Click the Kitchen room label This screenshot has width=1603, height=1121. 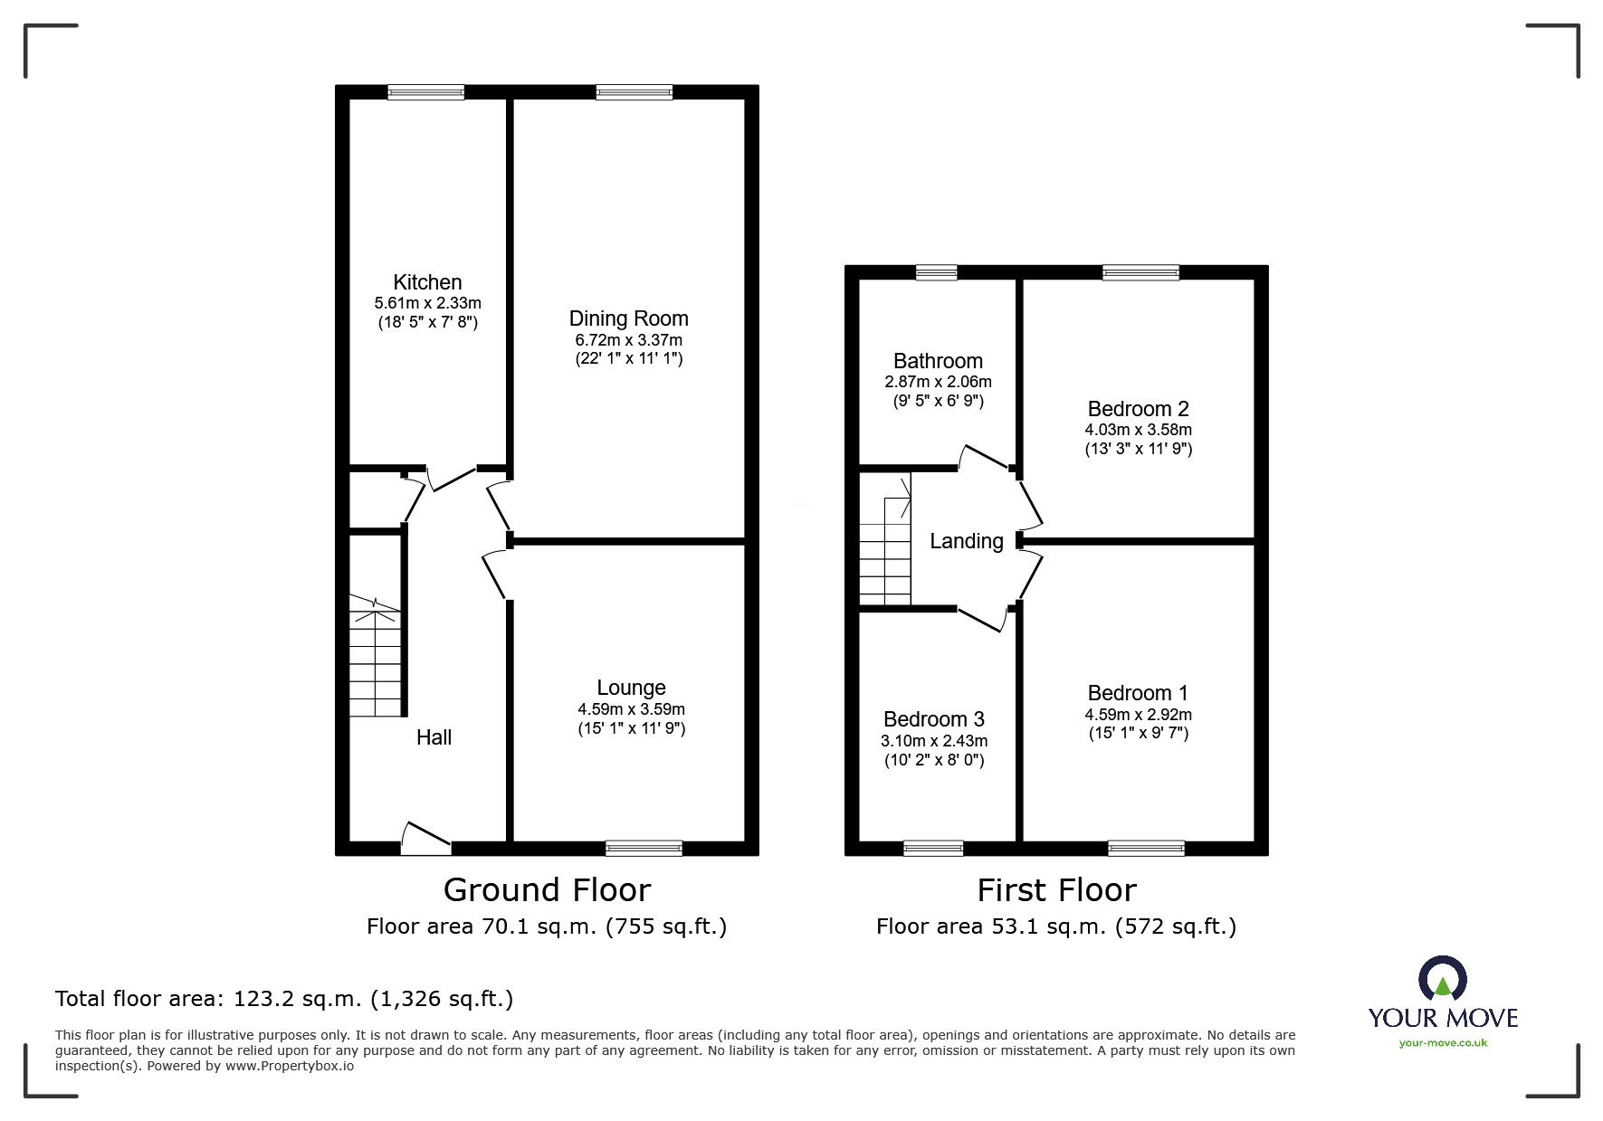[x=427, y=282]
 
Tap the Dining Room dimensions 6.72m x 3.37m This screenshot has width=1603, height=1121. [x=629, y=340]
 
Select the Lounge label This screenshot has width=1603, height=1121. [x=631, y=689]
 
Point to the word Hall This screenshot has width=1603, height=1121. [x=434, y=737]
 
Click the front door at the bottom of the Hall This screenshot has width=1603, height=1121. [x=425, y=840]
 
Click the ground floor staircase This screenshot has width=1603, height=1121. [x=376, y=655]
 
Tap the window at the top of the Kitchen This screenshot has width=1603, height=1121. [x=426, y=92]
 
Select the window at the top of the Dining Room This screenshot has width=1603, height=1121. [x=635, y=92]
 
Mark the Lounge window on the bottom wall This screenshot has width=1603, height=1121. [x=644, y=848]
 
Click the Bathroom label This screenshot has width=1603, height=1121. [x=938, y=361]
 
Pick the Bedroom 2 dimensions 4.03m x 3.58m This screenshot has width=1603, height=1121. [x=1139, y=430]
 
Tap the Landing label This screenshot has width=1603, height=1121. [x=967, y=541]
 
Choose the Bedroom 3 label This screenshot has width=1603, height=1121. [x=934, y=719]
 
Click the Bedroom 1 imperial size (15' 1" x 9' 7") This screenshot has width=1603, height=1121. [x=1139, y=733]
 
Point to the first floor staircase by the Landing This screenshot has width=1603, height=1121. [x=884, y=538]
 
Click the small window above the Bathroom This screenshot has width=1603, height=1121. [x=936, y=272]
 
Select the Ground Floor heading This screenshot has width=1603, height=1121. [x=547, y=890]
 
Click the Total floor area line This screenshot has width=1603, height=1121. [x=284, y=999]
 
